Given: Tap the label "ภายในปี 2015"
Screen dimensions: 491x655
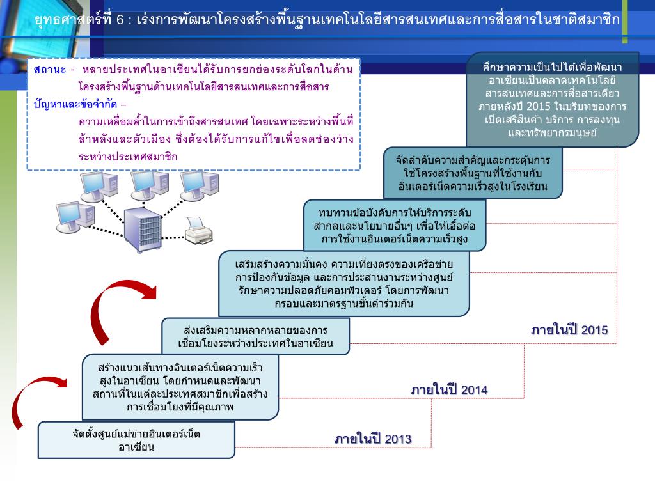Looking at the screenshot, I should [569, 331].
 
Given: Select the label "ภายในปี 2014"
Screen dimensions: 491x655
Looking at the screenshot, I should [449, 389].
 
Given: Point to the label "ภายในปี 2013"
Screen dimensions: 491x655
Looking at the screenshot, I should [373, 439].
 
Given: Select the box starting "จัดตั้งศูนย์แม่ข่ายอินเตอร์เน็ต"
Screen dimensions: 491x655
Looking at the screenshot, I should [136, 440].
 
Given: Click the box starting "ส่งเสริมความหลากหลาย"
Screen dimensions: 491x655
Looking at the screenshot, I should [255, 337].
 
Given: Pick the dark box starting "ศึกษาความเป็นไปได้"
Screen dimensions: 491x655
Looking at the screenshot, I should [552, 100].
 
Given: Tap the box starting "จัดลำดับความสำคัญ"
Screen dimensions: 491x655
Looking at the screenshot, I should [473, 173].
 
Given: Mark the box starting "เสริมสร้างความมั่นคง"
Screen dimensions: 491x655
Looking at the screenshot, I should [343, 283].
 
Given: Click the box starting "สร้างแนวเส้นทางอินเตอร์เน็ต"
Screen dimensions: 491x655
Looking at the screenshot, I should [180, 387].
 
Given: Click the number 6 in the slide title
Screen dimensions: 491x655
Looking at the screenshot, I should [120, 19].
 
